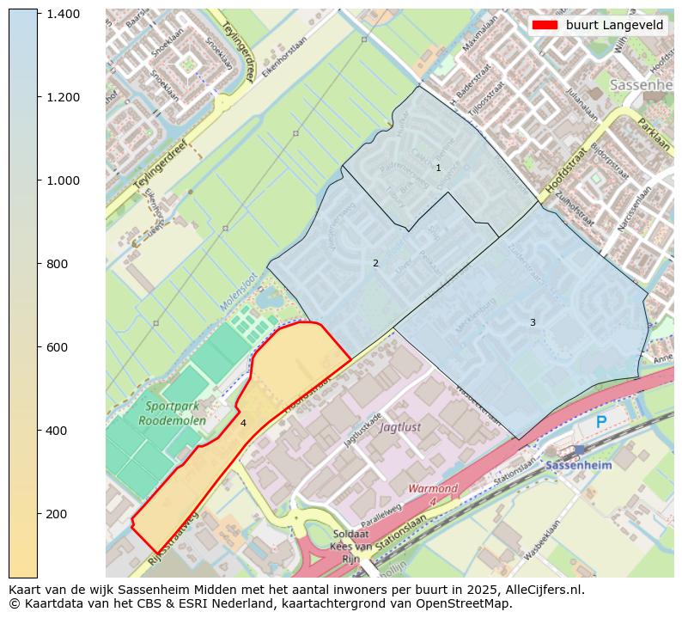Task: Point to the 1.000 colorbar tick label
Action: point(63,181)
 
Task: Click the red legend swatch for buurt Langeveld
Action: point(545,25)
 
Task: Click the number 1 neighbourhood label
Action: point(438,168)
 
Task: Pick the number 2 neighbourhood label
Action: point(375,263)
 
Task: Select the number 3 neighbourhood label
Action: point(533,322)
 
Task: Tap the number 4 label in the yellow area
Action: point(243,423)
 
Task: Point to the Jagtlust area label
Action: point(400,426)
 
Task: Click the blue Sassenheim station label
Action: point(579,465)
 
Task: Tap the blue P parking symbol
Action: point(601,422)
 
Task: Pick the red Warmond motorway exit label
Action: point(433,494)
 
